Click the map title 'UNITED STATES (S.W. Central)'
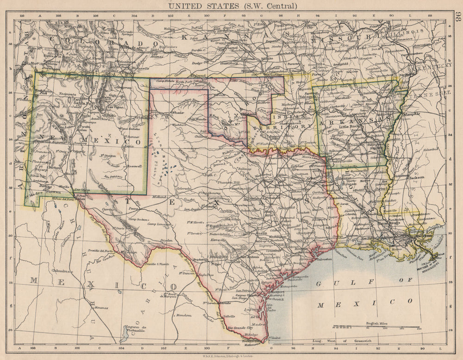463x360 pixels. pos(232,6)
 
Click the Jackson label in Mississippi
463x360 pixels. pos(416,177)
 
